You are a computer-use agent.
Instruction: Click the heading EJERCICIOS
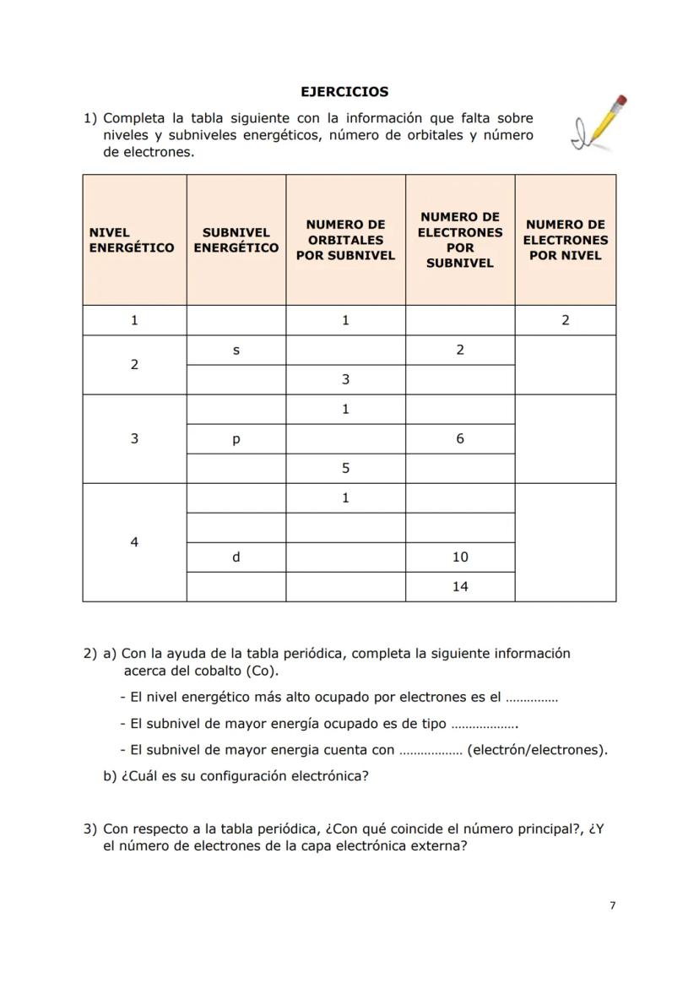[344, 91]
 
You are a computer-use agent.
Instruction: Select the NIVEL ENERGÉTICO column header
[132, 240]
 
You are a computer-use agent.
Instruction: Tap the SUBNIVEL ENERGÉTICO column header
[236, 240]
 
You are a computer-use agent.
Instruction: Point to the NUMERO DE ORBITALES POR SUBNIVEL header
[345, 240]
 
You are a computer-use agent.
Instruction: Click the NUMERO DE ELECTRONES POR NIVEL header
[565, 240]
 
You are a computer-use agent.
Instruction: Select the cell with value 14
[459, 586]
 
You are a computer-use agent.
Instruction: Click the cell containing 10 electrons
[459, 557]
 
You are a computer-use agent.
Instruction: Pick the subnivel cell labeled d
[236, 557]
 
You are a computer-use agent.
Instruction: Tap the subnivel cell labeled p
[236, 438]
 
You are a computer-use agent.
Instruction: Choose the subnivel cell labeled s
[236, 350]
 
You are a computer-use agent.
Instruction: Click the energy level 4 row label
[134, 542]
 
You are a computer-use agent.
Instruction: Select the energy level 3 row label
[134, 438]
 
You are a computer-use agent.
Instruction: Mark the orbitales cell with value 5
[345, 468]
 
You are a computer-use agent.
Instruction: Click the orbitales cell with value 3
[345, 379]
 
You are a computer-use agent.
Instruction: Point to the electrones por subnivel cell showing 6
[459, 438]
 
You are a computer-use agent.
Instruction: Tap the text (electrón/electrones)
[537, 750]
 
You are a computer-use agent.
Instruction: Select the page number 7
[612, 905]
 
